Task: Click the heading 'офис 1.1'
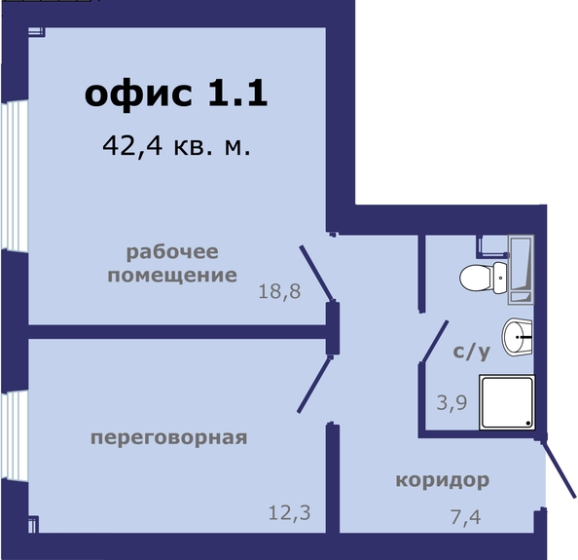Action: (x=176, y=94)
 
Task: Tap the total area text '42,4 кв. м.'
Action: (x=176, y=146)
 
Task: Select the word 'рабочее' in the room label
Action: (x=172, y=253)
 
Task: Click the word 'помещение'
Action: (x=172, y=276)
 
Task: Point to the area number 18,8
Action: (x=279, y=291)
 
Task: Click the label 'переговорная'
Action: (x=169, y=439)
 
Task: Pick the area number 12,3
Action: (x=289, y=513)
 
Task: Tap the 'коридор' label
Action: (x=443, y=481)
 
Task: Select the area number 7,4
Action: (x=465, y=516)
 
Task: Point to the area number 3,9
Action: (x=452, y=402)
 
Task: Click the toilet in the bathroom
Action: (x=484, y=279)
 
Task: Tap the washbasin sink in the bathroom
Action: (x=517, y=337)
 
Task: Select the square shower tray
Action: (x=507, y=402)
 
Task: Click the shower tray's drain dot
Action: (x=528, y=423)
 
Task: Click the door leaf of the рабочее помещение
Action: (x=317, y=273)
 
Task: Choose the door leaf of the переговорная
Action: (x=314, y=384)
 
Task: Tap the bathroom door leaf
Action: (x=435, y=341)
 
